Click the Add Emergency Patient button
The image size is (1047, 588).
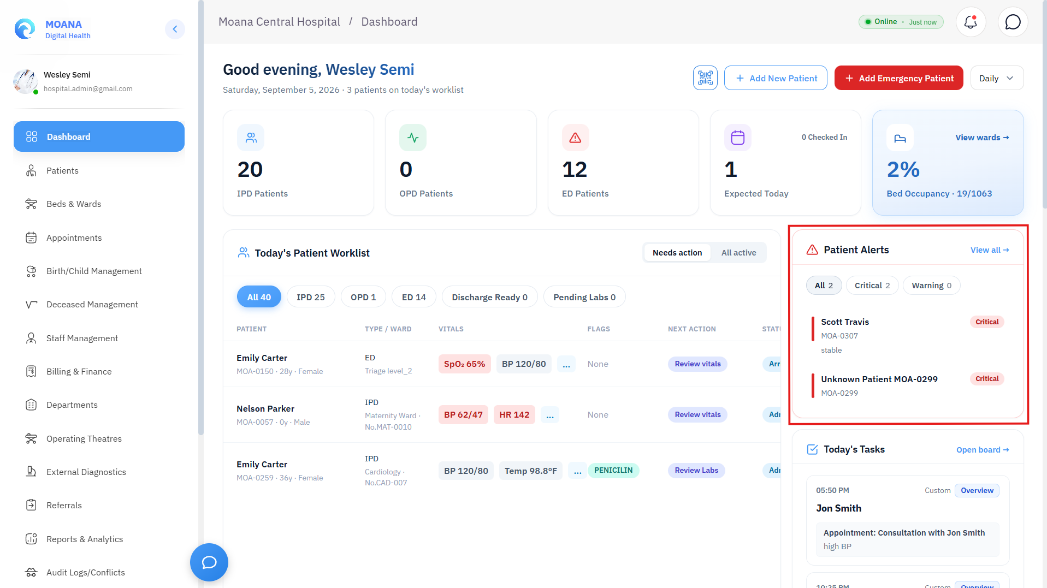point(898,78)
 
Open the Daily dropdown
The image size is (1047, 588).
point(997,78)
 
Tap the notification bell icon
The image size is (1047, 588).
point(971,22)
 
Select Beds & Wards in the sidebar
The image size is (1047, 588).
point(74,204)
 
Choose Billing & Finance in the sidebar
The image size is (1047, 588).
point(79,371)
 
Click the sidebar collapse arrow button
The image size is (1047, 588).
point(175,29)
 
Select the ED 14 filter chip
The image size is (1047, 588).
point(414,297)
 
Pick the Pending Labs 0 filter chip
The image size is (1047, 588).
point(584,297)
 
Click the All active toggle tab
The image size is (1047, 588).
point(738,253)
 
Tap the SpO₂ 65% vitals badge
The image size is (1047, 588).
point(464,364)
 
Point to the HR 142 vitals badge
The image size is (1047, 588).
point(514,415)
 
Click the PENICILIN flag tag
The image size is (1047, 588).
point(613,471)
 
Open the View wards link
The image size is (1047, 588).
point(982,138)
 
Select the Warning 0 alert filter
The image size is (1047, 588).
point(931,286)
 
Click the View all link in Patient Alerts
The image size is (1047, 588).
point(990,250)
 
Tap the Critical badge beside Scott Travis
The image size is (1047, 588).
point(987,322)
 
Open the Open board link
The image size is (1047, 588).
point(983,450)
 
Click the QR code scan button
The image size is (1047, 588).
point(705,78)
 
